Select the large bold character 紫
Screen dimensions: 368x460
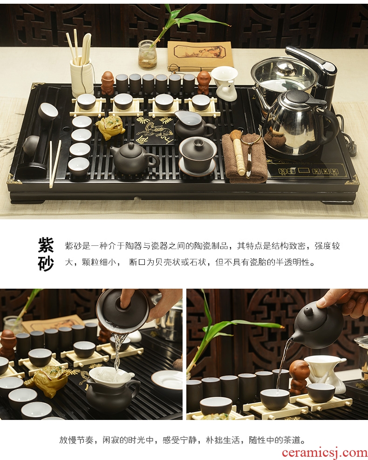[x=46, y=245]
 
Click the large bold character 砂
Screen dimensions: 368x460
[x=46, y=263]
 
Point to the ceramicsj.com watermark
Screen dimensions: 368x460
[x=325, y=453]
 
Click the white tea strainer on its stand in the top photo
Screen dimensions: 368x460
[x=225, y=83]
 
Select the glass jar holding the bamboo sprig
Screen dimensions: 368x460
[x=147, y=55]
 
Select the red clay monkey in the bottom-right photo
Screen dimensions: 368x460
[x=299, y=377]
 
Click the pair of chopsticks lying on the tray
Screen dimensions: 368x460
[x=55, y=164]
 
